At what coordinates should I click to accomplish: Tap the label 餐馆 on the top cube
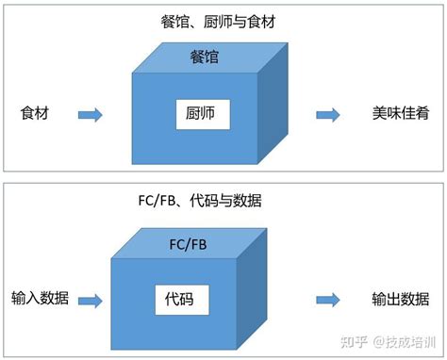[x=204, y=59]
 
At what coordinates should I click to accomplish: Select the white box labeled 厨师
[x=203, y=116]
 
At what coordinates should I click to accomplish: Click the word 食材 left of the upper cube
[x=34, y=114]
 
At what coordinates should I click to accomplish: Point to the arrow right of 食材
[x=90, y=114]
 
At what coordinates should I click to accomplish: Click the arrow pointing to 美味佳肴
[x=328, y=114]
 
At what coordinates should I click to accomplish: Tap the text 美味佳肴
[x=401, y=114]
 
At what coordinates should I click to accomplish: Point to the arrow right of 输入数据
[x=90, y=301]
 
